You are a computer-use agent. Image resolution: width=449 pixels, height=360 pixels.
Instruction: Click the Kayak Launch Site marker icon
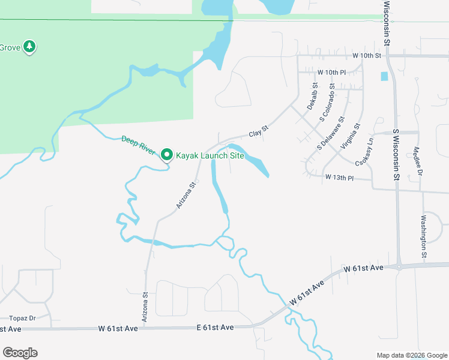point(167,155)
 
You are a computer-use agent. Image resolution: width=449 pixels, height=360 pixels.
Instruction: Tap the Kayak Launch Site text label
point(209,155)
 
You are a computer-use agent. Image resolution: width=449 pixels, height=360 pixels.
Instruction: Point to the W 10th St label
point(367,56)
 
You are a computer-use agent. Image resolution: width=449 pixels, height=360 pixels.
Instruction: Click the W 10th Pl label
point(332,73)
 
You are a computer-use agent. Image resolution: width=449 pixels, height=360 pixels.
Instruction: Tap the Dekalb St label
point(312,97)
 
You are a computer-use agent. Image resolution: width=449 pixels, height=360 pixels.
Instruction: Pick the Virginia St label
point(351,137)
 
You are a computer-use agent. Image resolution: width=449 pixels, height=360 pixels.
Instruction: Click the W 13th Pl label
point(340,178)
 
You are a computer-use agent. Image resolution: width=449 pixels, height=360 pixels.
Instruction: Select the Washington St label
point(424,236)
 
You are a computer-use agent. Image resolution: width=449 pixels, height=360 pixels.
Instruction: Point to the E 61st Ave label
point(215,328)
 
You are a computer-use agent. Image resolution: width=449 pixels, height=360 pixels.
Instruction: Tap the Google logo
point(20,353)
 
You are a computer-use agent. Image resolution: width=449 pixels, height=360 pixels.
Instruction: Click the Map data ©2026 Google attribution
point(411,355)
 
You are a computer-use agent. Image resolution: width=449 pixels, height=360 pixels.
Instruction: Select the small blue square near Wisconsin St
point(384,76)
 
